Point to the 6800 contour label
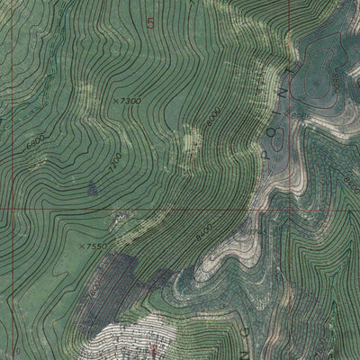click(35, 141)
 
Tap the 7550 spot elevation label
click(95, 245)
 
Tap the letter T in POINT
click(290, 67)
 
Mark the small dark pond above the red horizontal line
click(93, 188)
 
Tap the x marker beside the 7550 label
click(80, 245)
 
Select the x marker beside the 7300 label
click(116, 101)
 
